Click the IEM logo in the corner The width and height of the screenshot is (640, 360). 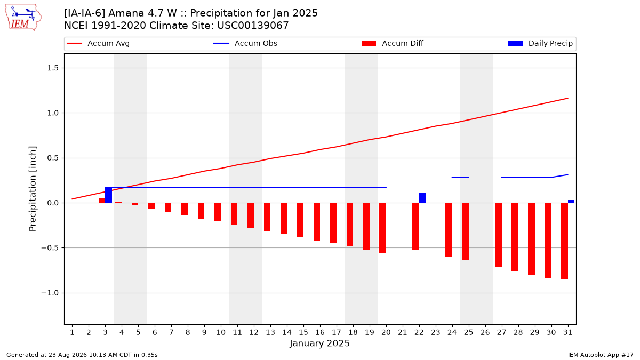[x=23, y=18]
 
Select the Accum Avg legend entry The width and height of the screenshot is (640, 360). [x=98, y=43]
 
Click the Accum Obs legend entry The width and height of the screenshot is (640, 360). [x=245, y=43]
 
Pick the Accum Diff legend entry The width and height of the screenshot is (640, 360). [x=393, y=43]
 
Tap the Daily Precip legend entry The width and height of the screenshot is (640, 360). [x=540, y=43]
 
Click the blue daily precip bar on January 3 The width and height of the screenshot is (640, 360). [x=109, y=195]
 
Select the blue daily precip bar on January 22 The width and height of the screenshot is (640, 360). [x=422, y=198]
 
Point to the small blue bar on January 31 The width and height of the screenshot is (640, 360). [x=571, y=202]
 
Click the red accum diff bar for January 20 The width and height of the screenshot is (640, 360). [x=383, y=228]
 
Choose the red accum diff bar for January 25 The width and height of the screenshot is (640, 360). [x=466, y=231]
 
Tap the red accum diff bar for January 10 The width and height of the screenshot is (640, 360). [x=218, y=212]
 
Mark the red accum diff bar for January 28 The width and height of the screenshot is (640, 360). [x=515, y=237]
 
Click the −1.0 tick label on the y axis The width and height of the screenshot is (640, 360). [x=50, y=293]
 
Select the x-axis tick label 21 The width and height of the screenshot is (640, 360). [x=403, y=332]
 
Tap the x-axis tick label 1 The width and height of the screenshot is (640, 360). [x=73, y=332]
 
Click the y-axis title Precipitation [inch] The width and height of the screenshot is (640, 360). [x=33, y=189]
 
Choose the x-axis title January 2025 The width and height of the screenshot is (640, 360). [x=319, y=343]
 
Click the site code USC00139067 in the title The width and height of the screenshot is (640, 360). [x=253, y=26]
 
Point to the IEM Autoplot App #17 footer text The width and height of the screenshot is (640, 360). [x=601, y=355]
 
